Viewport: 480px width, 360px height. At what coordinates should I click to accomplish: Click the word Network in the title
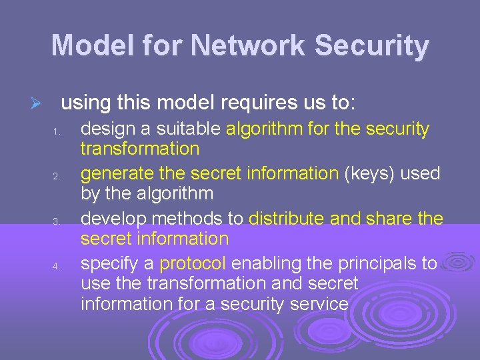(248, 46)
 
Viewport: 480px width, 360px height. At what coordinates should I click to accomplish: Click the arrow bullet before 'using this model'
(37, 105)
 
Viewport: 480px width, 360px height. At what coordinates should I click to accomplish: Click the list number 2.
(57, 177)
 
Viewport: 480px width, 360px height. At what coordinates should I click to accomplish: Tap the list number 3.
(57, 221)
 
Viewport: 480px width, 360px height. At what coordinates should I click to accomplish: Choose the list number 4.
(57, 267)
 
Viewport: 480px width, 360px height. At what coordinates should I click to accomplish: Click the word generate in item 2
(117, 174)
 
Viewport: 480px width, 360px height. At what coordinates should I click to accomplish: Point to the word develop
(111, 219)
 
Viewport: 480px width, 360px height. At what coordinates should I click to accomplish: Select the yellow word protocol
(193, 264)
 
